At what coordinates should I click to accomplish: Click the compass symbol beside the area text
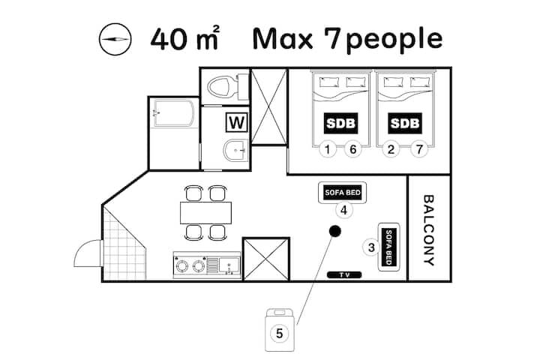[115, 39]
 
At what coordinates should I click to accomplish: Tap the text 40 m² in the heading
[185, 38]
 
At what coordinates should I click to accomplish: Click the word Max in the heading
[283, 38]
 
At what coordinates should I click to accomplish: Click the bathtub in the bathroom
[174, 113]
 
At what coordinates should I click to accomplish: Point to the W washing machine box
[237, 122]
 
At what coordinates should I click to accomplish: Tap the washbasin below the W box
[235, 151]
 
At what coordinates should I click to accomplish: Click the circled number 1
[328, 149]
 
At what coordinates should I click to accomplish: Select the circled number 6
[353, 149]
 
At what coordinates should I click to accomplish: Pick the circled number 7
[419, 149]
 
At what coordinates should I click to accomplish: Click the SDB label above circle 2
[405, 123]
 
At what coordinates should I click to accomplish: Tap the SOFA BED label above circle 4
[343, 193]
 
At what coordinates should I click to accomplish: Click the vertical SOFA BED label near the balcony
[388, 247]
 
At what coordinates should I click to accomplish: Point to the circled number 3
[371, 247]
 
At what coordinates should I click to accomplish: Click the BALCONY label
[428, 230]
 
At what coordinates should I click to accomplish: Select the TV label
[344, 275]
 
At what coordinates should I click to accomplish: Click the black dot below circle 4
[334, 231]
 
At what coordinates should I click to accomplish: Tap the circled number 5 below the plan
[279, 333]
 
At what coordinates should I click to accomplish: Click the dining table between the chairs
[205, 213]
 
